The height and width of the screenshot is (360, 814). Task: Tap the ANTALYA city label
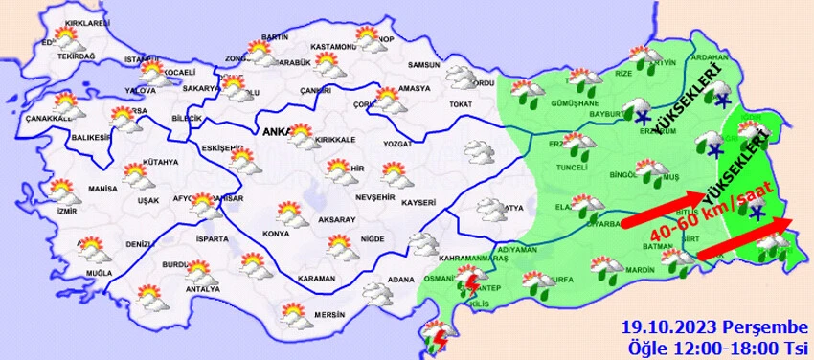pos(202,289)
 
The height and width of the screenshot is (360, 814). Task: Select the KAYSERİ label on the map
pos(418,203)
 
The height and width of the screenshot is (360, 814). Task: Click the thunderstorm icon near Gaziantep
pos(469,280)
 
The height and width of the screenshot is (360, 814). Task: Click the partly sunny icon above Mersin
pos(294,311)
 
